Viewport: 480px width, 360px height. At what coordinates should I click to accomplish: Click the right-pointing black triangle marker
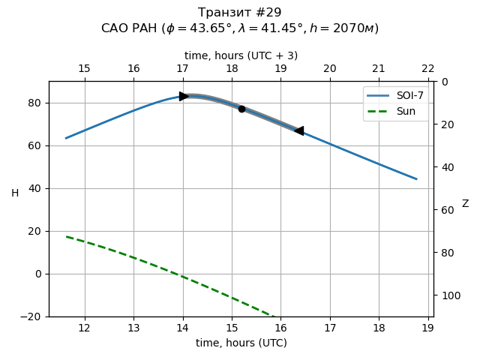184,96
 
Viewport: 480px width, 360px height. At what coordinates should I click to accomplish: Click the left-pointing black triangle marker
299,130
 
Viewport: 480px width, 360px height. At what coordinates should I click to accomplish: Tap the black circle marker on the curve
241,109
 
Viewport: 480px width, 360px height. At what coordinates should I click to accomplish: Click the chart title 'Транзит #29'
240,13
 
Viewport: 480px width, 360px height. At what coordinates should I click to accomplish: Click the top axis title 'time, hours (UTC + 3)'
241,55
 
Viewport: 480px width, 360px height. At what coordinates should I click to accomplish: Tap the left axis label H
15,193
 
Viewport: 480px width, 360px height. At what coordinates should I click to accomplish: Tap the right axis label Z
465,203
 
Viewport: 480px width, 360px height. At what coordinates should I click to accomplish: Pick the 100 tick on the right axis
448,295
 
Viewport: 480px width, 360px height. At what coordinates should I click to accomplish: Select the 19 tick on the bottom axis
427,328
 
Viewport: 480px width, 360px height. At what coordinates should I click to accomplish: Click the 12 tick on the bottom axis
84,328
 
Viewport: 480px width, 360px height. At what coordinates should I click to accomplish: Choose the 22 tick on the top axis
427,69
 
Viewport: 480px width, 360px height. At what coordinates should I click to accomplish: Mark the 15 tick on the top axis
84,69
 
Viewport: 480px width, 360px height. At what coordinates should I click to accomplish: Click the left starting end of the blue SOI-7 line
66,138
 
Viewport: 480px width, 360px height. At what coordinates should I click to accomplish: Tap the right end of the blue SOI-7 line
416,178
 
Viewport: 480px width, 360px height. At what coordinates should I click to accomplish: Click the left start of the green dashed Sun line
66,237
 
